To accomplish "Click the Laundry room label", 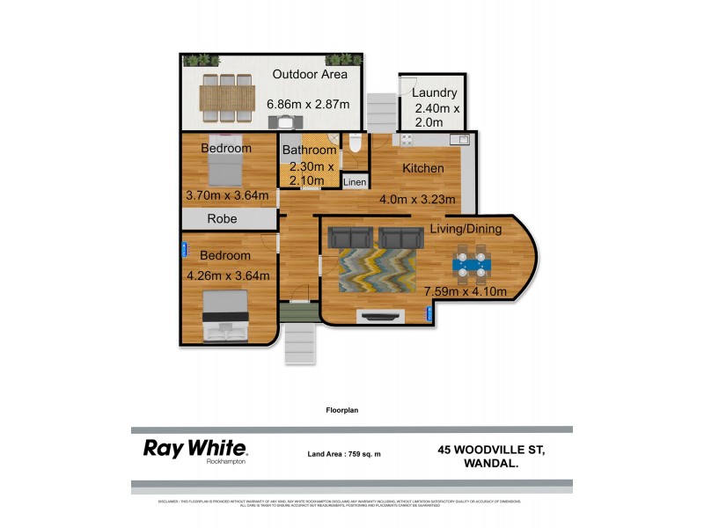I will [434, 92].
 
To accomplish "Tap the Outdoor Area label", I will [310, 75].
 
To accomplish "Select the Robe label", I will [222, 219].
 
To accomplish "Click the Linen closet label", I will [354, 182].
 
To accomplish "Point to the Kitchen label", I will [423, 169].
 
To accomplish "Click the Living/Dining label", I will [466, 230].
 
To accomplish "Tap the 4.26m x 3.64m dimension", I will [228, 275].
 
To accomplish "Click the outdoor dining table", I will [228, 95].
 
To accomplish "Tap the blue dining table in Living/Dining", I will [473, 262].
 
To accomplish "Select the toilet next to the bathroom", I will [354, 146].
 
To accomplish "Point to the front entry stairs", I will [298, 342].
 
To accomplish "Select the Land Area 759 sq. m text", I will [344, 454].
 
